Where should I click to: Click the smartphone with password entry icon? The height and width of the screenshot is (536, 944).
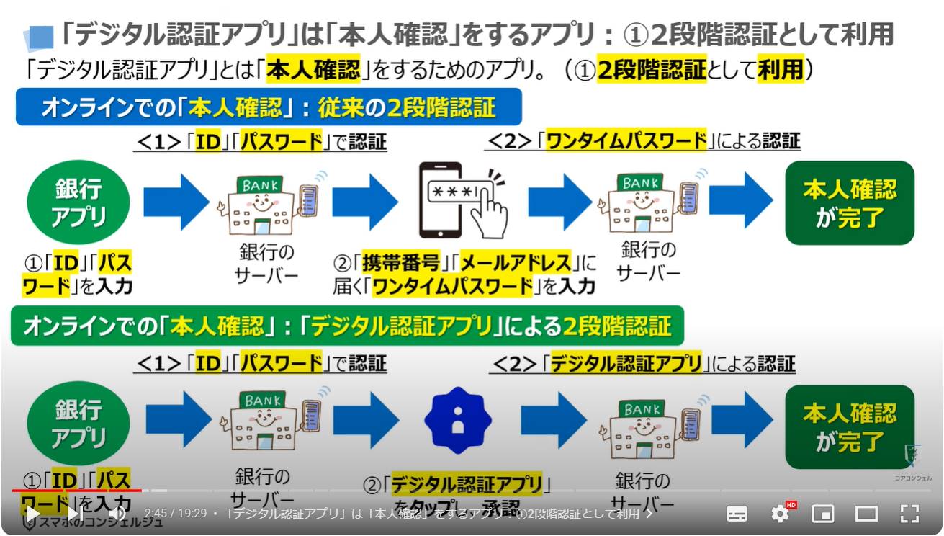(463, 201)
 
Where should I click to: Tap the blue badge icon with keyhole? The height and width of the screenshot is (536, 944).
(457, 420)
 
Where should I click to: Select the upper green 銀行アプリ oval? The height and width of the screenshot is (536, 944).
(78, 202)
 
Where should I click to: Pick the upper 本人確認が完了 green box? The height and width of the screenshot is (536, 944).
(849, 202)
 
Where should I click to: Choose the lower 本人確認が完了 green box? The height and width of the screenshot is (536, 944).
(849, 426)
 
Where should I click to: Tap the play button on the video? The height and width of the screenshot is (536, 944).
(32, 514)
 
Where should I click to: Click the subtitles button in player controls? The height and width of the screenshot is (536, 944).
(737, 514)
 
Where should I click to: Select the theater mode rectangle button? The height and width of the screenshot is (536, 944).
(866, 514)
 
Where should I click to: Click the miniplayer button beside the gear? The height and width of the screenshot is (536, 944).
(823, 514)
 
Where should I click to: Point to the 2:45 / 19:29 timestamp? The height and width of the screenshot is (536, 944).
(175, 514)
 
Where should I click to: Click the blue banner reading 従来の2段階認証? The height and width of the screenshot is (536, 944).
(268, 107)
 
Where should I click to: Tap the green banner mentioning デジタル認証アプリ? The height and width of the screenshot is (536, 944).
(346, 326)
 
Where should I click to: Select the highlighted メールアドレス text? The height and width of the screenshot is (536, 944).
(516, 262)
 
